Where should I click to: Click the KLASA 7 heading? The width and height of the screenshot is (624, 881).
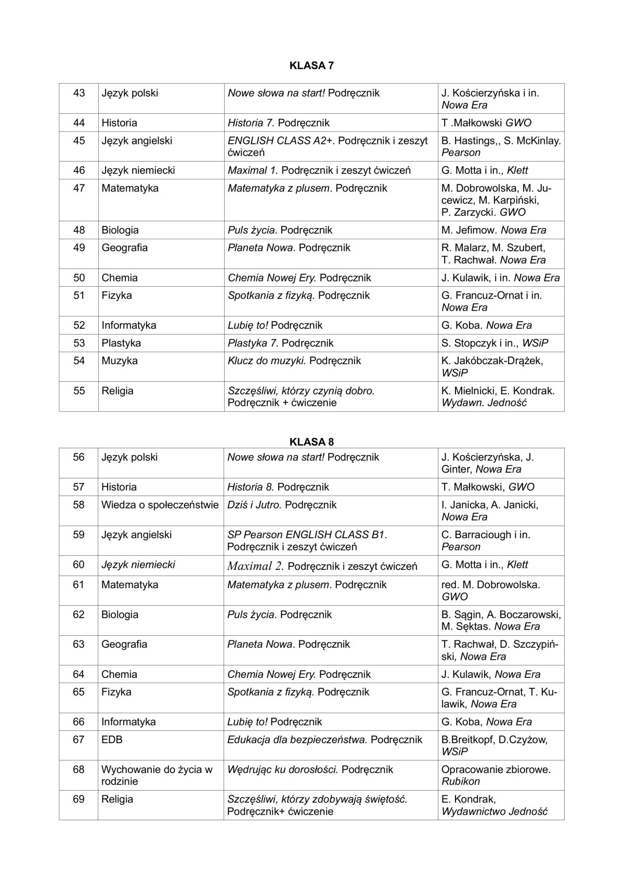click(311, 66)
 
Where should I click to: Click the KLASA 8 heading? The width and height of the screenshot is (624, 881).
click(311, 442)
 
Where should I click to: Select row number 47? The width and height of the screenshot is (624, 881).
click(79, 189)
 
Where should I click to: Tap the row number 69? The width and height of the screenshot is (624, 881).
click(79, 799)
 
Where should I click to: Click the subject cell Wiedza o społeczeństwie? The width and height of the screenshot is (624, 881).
click(160, 505)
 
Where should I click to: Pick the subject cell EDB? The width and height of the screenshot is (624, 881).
click(112, 740)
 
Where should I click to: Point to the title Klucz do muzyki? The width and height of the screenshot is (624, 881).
click(267, 361)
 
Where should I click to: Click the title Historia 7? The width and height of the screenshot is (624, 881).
click(251, 123)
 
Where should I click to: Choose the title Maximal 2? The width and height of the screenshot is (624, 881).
click(255, 566)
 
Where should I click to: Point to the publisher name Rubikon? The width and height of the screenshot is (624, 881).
click(461, 782)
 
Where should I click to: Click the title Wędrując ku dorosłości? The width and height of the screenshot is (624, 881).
click(283, 770)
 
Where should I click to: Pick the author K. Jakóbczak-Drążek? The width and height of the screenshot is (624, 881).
click(492, 361)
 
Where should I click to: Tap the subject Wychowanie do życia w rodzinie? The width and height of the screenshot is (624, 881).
click(157, 776)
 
